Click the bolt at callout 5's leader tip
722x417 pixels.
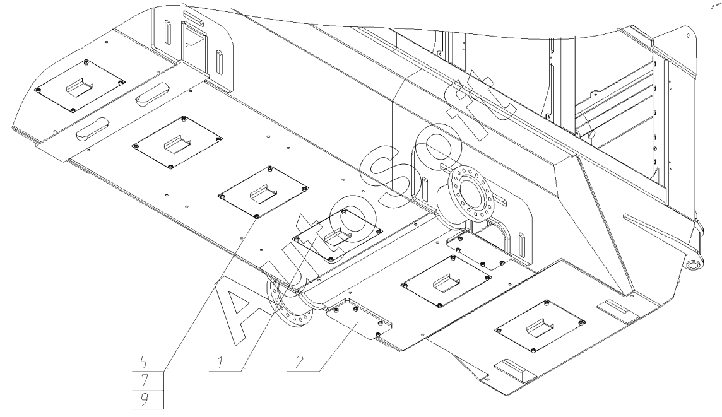pos(257,216)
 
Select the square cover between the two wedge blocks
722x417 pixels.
pos(541,326)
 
